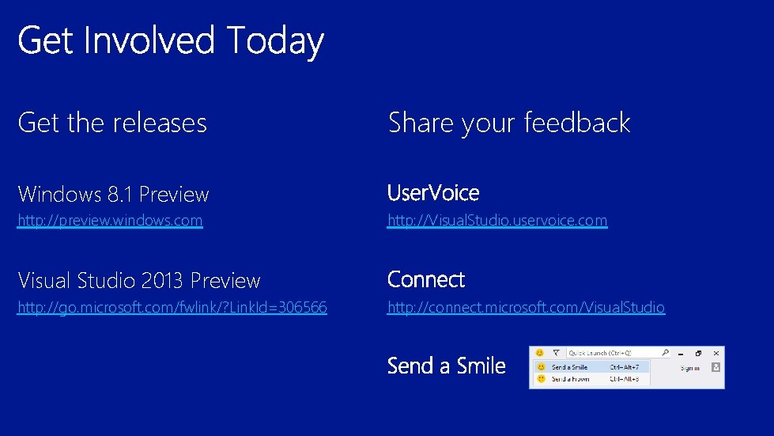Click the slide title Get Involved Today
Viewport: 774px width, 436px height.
171,41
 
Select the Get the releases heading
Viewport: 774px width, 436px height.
112,123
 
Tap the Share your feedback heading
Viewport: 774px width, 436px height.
509,123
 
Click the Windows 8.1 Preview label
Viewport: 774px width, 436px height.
113,194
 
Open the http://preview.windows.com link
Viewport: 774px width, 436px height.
110,221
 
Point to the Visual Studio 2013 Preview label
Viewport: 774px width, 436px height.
139,280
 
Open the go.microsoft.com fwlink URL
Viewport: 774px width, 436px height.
172,307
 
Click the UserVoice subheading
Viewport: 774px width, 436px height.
433,193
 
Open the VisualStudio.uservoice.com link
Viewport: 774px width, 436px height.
497,221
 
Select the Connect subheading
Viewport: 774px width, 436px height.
426,279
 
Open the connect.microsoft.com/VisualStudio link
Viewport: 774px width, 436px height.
526,307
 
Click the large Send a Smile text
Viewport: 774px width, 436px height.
447,366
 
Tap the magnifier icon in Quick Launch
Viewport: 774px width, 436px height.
666,353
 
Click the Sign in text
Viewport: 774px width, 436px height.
689,368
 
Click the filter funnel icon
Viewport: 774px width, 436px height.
556,353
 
